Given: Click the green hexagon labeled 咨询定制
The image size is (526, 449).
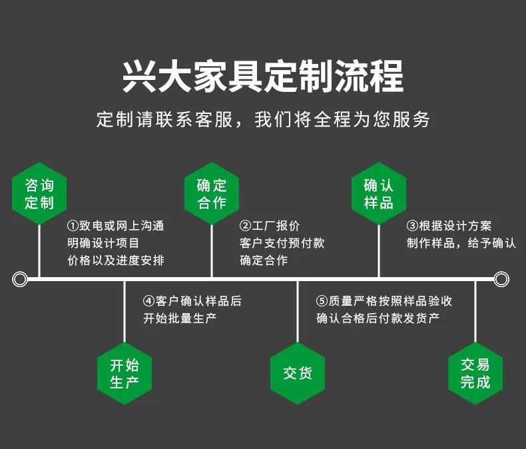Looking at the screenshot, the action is pos(39,193).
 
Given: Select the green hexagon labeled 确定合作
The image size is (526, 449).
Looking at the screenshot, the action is pos(212,193).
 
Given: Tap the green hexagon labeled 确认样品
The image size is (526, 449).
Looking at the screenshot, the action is pos(379,193).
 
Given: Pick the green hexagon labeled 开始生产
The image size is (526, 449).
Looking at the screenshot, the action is pos(125,373).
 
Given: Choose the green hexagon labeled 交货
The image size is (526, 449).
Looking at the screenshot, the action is pos(298,373).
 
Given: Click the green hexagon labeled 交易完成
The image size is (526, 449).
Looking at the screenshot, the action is pos(475,373).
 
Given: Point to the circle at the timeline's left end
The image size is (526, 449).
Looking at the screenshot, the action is pos(20,279).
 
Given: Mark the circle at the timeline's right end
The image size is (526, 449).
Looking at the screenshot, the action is pos(501,279).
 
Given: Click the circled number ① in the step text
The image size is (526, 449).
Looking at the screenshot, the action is pos(73,226).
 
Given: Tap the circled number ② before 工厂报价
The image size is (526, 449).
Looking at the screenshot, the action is pos(245,226).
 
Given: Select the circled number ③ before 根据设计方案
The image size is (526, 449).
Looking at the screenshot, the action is pos(412,226).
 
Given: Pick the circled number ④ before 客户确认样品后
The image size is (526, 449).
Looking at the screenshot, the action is pos(149,300).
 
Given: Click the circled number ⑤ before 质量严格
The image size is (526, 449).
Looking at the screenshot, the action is pos(322,300).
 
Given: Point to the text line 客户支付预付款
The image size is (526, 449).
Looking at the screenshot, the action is pos(282,243).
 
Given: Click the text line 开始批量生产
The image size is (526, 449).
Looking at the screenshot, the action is pos(180,318).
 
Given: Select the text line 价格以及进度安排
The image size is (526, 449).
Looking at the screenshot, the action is pos(116,260).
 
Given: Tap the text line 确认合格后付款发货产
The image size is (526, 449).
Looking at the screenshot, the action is pos(378,318).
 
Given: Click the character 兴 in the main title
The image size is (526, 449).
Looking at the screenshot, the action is pos(139,76).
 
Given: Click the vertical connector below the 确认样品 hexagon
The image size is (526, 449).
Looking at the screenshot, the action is pos(379,251).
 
